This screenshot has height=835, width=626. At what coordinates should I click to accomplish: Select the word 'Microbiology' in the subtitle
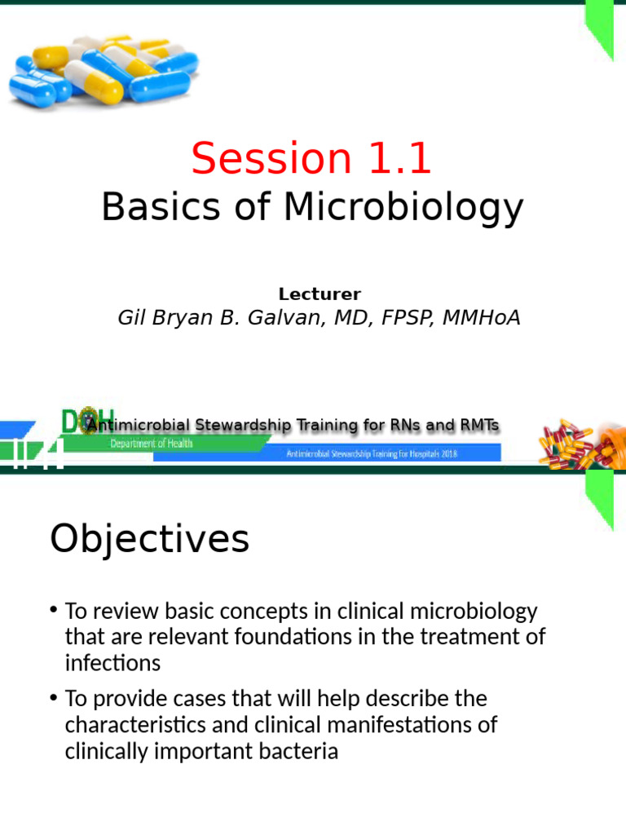point(403,208)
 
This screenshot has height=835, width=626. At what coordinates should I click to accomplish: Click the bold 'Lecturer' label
point(320,294)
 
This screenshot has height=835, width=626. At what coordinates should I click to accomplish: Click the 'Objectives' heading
point(150,539)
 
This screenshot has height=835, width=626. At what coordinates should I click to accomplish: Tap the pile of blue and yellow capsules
point(103,69)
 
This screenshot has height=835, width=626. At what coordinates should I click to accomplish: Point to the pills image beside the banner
point(580,444)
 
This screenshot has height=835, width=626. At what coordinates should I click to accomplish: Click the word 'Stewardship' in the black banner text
point(245,426)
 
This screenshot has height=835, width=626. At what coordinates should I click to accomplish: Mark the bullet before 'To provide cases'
point(54,698)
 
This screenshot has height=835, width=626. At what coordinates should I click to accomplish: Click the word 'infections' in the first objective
point(112,664)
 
